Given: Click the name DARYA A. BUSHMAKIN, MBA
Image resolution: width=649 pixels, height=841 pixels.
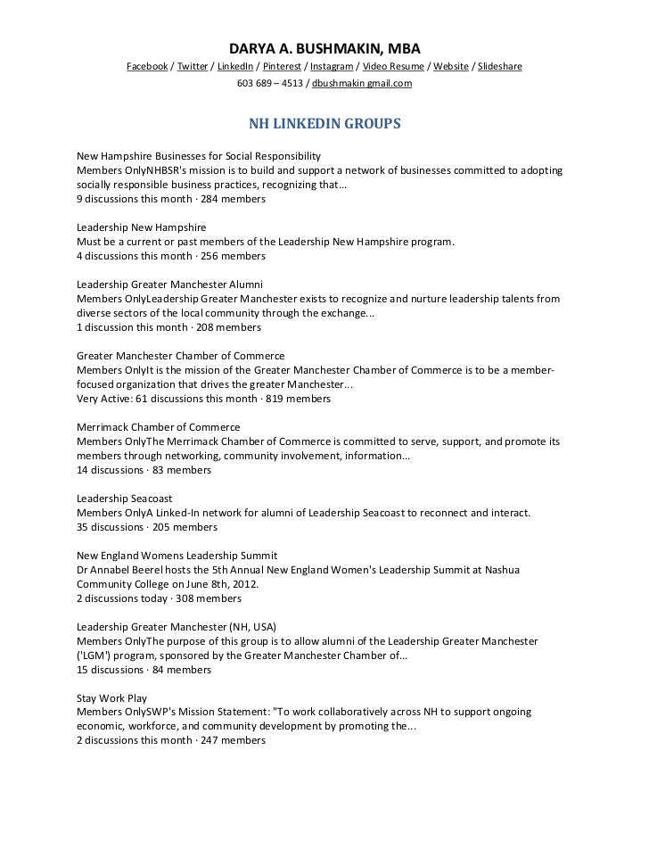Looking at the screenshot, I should (324, 47).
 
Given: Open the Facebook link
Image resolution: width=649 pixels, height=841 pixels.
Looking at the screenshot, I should (147, 67).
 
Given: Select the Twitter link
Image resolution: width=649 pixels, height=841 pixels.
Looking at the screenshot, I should (193, 67).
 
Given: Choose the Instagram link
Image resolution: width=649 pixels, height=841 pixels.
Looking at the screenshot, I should (331, 67).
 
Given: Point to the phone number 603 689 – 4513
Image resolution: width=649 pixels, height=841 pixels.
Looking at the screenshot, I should (268, 83).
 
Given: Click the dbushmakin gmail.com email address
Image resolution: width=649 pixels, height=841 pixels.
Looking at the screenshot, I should (362, 83).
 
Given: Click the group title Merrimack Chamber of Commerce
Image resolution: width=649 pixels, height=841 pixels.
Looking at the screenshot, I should (159, 427).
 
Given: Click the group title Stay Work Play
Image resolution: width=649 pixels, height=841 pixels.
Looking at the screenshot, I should (112, 698).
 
